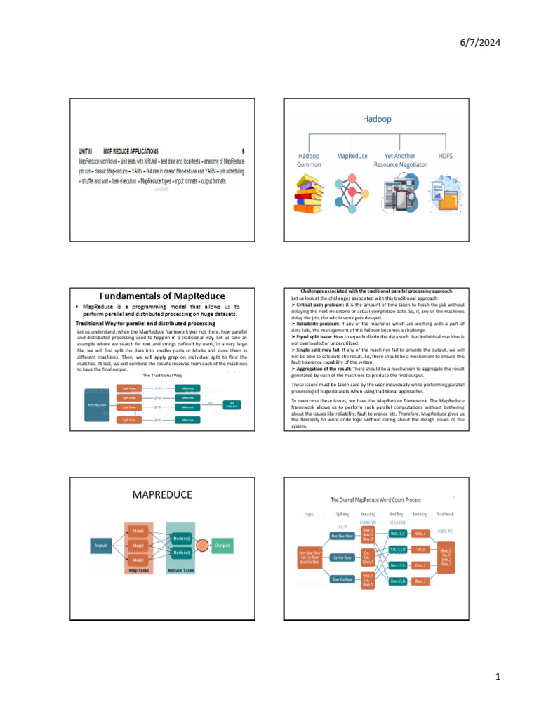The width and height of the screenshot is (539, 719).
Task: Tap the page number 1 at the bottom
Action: [496, 677]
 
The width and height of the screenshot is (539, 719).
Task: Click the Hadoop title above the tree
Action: [377, 119]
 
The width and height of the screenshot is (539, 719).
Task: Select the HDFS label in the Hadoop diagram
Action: [444, 156]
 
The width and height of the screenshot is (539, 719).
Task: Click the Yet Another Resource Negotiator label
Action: [399, 160]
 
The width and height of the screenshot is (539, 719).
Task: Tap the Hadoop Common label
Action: [309, 160]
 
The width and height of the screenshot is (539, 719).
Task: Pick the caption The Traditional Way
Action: [162, 376]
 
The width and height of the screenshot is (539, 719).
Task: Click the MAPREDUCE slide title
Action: [162, 495]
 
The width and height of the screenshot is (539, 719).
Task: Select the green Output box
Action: [222, 546]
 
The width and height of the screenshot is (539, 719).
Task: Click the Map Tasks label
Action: [138, 571]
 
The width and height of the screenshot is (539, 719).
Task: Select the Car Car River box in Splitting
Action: [347, 557]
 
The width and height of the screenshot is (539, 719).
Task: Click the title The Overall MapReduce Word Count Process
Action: [376, 500]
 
